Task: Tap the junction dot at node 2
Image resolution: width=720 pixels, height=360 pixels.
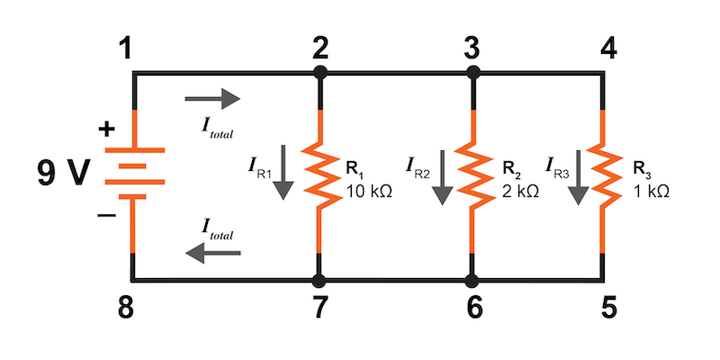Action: coord(319,70)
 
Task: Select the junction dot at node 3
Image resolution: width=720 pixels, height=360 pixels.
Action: coord(472,70)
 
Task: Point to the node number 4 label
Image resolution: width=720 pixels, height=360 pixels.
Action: coord(607,47)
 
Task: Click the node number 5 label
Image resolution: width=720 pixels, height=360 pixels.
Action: coord(609,309)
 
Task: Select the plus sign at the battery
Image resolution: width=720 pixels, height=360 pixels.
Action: coord(106,130)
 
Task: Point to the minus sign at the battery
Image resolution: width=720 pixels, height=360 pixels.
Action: coord(106,217)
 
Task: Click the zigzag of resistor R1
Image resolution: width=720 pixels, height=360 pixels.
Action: coord(319,175)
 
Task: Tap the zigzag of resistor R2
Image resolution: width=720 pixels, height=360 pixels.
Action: coord(472,175)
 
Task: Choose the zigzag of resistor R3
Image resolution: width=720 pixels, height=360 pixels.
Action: coord(603,175)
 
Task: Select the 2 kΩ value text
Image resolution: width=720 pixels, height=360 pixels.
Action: coord(519,191)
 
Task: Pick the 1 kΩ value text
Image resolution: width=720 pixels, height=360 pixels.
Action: coord(651,191)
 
